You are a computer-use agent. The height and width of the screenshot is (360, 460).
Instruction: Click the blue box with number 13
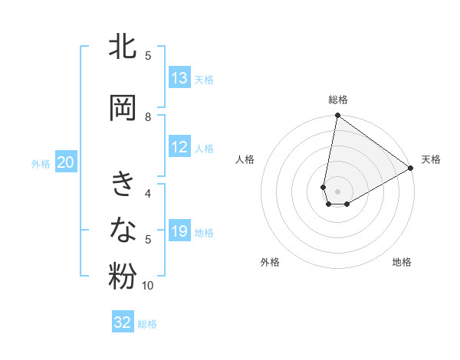pos(179,78)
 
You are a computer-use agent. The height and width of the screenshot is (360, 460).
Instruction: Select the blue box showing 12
pos(179,148)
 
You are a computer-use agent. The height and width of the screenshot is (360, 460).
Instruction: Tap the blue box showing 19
pos(179,231)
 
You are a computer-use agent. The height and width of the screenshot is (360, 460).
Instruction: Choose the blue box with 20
pos(66,162)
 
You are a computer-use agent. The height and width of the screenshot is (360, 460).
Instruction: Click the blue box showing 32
pos(123,322)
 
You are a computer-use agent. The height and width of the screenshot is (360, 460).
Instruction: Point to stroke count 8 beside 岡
pos(148,116)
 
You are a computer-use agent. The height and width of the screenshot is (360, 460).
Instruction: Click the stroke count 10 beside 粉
pos(148,286)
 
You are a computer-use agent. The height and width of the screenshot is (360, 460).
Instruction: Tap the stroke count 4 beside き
pos(148,193)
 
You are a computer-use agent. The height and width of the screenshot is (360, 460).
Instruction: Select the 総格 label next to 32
pos(147,324)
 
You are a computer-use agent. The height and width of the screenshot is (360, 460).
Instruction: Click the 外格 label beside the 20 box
pos(41,163)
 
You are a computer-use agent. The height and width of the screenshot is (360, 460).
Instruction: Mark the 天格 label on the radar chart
pos(431,159)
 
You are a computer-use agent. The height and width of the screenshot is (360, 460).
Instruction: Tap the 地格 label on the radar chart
pos(402,262)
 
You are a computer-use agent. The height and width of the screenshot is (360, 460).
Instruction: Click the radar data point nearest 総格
pos(337,116)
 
